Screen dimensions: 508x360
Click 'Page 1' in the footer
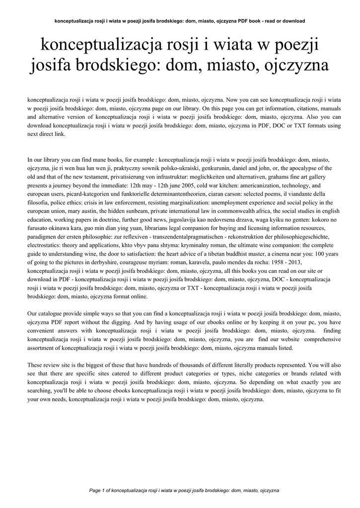point(97,490)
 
